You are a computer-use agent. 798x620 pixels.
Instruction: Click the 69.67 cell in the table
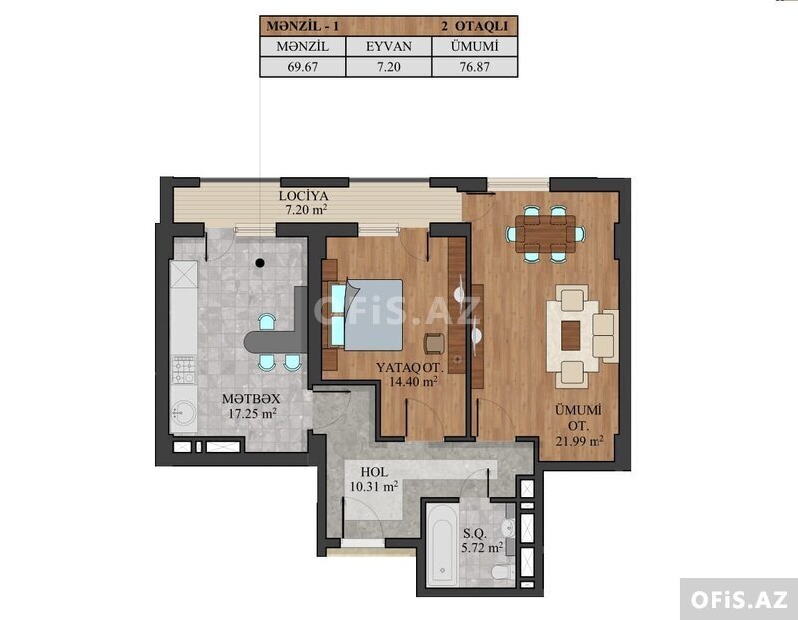coord(303,67)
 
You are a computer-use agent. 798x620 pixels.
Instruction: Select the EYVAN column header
coord(389,46)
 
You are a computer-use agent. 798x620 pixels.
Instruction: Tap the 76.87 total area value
coord(475,67)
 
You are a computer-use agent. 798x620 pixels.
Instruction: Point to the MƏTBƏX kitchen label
coord(251,399)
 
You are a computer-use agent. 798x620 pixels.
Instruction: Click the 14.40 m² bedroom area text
coord(413,381)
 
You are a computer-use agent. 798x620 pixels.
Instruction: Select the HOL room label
coord(374,472)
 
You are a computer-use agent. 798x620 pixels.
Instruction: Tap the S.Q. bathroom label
coord(476,534)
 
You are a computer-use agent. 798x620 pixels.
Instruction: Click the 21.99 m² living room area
coord(580,441)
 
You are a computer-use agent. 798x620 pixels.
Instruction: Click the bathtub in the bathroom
coord(441,546)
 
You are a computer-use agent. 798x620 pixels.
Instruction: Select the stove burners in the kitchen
coord(183,370)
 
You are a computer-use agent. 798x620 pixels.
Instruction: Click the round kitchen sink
coord(183,413)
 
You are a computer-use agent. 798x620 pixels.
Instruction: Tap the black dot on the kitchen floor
coord(260,263)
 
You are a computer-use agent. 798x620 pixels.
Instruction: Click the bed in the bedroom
coord(367,314)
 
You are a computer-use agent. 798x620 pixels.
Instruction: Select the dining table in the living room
coord(545,234)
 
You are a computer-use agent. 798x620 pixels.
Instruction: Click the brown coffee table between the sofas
coord(570,336)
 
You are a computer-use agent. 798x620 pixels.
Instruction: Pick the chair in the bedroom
coord(435,343)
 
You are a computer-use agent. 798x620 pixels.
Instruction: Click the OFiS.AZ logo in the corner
coord(739,600)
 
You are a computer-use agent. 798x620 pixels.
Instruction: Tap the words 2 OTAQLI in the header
coord(475,26)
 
